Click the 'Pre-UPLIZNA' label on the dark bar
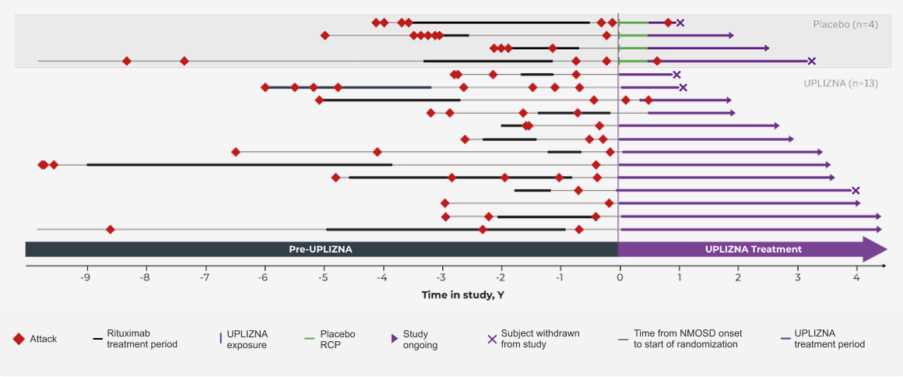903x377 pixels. pyautogui.click(x=321, y=249)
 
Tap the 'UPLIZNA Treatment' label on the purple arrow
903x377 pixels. pyautogui.click(x=753, y=249)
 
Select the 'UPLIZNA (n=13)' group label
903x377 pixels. pyautogui.click(x=840, y=83)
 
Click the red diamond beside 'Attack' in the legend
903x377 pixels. pyautogui.click(x=19, y=339)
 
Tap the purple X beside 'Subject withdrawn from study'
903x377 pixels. pyautogui.click(x=491, y=339)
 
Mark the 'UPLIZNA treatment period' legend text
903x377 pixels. pyautogui.click(x=829, y=339)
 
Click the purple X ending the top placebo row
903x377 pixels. pyautogui.click(x=680, y=23)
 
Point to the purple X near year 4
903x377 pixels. pyautogui.click(x=856, y=191)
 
